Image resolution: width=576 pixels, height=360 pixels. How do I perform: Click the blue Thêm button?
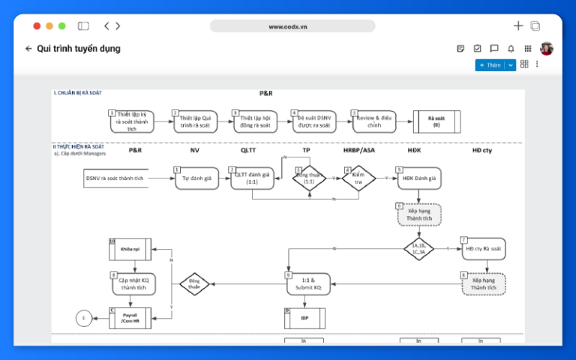(490, 65)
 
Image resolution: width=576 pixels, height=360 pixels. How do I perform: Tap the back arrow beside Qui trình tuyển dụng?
(28, 49)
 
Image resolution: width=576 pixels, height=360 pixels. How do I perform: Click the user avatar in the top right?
(546, 49)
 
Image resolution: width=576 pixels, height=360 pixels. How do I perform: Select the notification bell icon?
(511, 49)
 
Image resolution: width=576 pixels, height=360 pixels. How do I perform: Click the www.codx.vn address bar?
(292, 26)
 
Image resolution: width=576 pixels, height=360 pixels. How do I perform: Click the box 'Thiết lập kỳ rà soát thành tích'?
(132, 121)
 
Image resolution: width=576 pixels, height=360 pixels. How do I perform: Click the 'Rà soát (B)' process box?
(436, 121)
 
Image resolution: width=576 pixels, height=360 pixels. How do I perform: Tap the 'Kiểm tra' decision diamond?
(358, 178)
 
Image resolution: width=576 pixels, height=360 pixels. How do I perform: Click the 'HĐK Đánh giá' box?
(418, 178)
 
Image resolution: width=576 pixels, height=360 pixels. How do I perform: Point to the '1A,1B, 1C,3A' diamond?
(418, 248)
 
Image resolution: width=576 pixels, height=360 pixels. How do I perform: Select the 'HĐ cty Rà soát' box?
(483, 248)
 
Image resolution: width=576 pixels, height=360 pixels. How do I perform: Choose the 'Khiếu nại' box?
(130, 249)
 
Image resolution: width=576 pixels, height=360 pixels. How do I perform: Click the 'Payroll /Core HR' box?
(130, 318)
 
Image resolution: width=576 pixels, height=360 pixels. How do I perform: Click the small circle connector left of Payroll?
(84, 318)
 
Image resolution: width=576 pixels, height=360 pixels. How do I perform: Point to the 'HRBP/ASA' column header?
(358, 150)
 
